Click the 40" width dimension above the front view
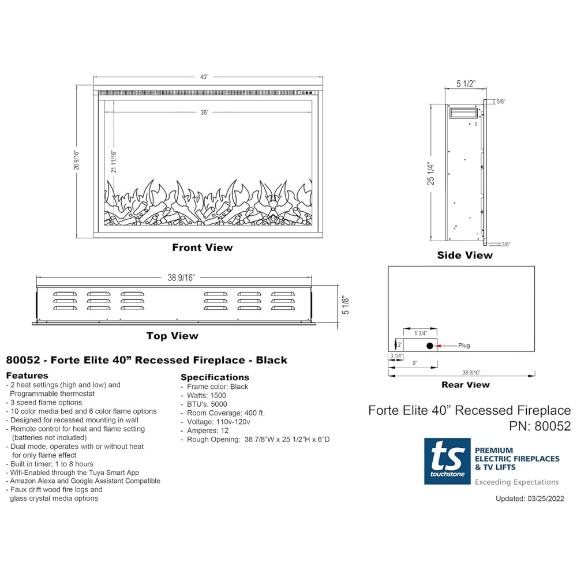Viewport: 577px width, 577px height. pyautogui.click(x=204, y=77)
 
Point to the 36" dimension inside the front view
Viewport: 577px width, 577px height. pyautogui.click(x=204, y=113)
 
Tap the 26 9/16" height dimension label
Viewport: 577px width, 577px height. pyautogui.click(x=76, y=160)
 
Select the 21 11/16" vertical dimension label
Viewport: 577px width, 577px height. pyautogui.click(x=114, y=162)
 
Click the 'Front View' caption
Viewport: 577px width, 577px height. pyautogui.click(x=203, y=248)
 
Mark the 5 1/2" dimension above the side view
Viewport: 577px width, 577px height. pyautogui.click(x=466, y=84)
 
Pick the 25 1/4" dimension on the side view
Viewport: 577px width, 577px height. pyautogui.click(x=430, y=173)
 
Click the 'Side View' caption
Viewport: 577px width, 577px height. pyautogui.click(x=464, y=255)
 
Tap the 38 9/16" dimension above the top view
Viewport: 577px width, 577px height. pyautogui.click(x=181, y=278)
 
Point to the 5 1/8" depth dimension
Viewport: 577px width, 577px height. pyautogui.click(x=345, y=305)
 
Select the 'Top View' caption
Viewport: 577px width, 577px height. pyautogui.click(x=172, y=336)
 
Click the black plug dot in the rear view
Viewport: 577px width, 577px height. pyautogui.click(x=430, y=346)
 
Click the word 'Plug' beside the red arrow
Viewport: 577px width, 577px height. pyautogui.click(x=464, y=346)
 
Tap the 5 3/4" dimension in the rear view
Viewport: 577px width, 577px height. pyautogui.click(x=421, y=334)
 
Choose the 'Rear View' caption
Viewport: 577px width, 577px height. pyautogui.click(x=466, y=384)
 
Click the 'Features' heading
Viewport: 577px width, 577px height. pyautogui.click(x=27, y=376)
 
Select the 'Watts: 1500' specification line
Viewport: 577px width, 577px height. pyautogui.click(x=207, y=395)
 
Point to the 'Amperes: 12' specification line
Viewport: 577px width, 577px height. pyautogui.click(x=208, y=430)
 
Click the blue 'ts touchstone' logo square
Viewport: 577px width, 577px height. pyautogui.click(x=447, y=461)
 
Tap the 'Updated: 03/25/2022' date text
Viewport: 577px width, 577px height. pyautogui.click(x=530, y=499)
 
